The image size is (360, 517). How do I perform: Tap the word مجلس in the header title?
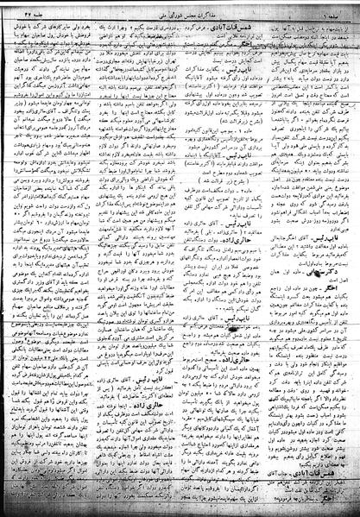tap(193, 8)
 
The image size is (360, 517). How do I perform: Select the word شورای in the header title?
tap(168, 8)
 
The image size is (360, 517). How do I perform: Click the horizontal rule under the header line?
tap(180, 14)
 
